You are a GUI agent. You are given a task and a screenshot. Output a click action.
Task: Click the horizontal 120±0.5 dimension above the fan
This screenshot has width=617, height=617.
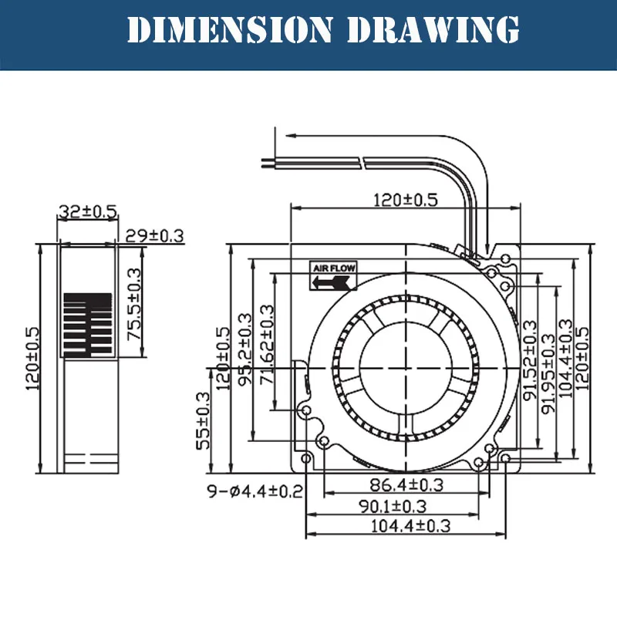[405, 200]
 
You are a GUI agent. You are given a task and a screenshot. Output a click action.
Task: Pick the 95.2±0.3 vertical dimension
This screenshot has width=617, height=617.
[246, 351]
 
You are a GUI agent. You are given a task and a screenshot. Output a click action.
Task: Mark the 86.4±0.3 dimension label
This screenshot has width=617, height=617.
[406, 485]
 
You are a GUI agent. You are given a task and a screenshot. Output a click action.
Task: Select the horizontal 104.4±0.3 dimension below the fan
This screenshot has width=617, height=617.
[406, 526]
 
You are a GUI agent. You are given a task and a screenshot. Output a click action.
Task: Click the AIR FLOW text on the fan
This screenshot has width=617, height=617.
[334, 268]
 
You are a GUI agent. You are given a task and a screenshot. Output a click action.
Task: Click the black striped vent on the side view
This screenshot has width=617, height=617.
[87, 325]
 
